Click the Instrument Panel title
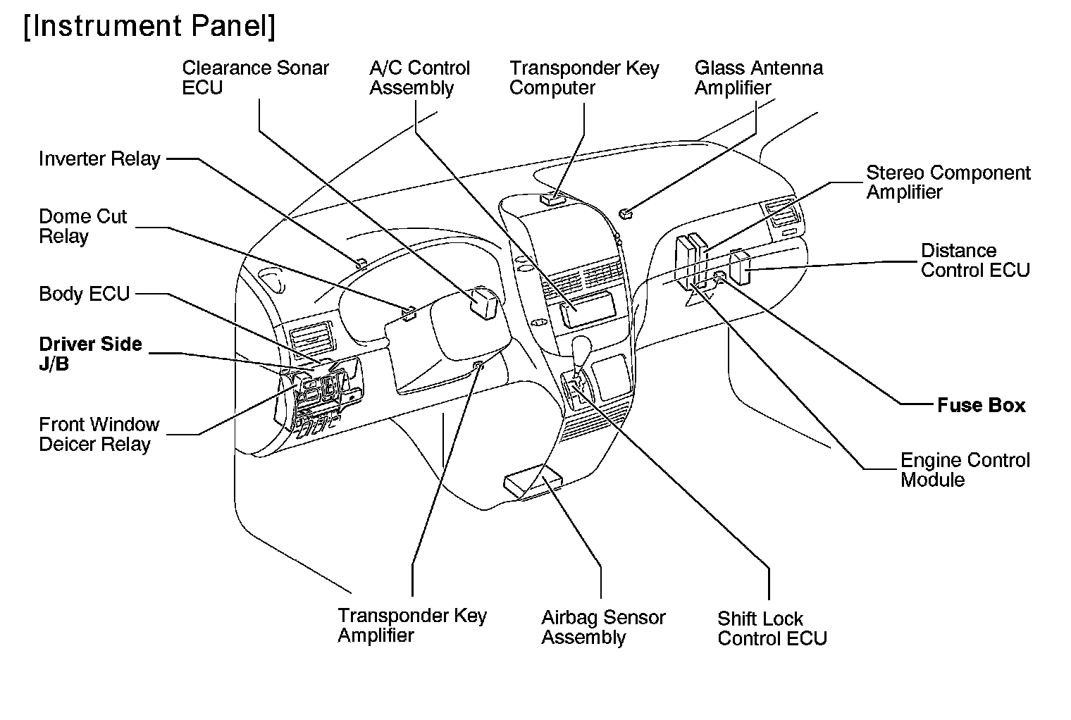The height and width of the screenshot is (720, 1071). tap(149, 27)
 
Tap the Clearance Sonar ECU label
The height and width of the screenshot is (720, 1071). tap(255, 78)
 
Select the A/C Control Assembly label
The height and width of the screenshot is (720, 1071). tap(419, 78)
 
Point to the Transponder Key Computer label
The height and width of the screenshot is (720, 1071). tap(584, 78)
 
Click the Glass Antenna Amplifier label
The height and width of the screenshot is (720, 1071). tap(758, 78)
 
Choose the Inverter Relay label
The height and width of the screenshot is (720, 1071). tap(99, 159)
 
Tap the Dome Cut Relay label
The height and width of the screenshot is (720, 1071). tap(82, 226)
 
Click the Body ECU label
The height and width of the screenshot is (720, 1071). tap(85, 294)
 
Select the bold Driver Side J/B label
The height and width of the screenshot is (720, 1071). tap(90, 354)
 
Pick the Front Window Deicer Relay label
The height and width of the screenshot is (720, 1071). tap(99, 435)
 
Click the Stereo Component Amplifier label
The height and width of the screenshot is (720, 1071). tap(948, 182)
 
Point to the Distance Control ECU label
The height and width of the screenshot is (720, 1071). tap(975, 261)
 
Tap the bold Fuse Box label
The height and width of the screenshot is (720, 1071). tap(981, 405)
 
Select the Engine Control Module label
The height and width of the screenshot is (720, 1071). tap(965, 470)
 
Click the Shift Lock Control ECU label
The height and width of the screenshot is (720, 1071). tap(772, 628)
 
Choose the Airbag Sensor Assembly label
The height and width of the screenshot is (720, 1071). tap(603, 627)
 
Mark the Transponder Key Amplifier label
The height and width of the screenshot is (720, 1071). tap(411, 625)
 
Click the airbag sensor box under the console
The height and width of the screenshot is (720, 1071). tap(533, 485)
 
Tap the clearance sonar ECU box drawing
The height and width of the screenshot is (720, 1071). tap(485, 301)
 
